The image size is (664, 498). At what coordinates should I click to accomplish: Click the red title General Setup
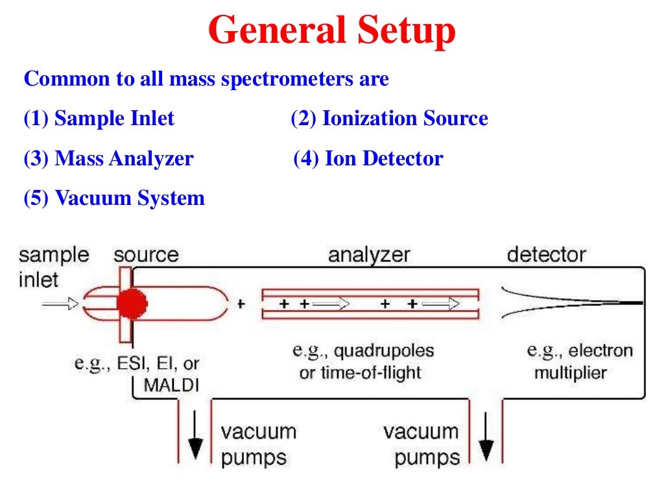pyautogui.click(x=332, y=30)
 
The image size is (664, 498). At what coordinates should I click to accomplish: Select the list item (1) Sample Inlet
pyautogui.click(x=99, y=119)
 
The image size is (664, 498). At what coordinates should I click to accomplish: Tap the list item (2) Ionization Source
pyautogui.click(x=389, y=119)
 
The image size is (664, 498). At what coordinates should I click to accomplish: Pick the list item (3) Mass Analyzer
pyautogui.click(x=108, y=158)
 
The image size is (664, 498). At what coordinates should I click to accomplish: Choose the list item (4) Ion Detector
pyautogui.click(x=368, y=158)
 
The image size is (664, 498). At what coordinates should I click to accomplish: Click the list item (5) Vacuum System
pyautogui.click(x=114, y=198)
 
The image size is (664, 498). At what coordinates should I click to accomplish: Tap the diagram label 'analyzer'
pyautogui.click(x=369, y=255)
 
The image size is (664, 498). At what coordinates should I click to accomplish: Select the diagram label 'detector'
pyautogui.click(x=546, y=255)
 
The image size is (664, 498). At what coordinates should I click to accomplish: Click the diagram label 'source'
pyautogui.click(x=146, y=255)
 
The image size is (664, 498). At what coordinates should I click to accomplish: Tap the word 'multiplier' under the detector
pyautogui.click(x=570, y=373)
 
